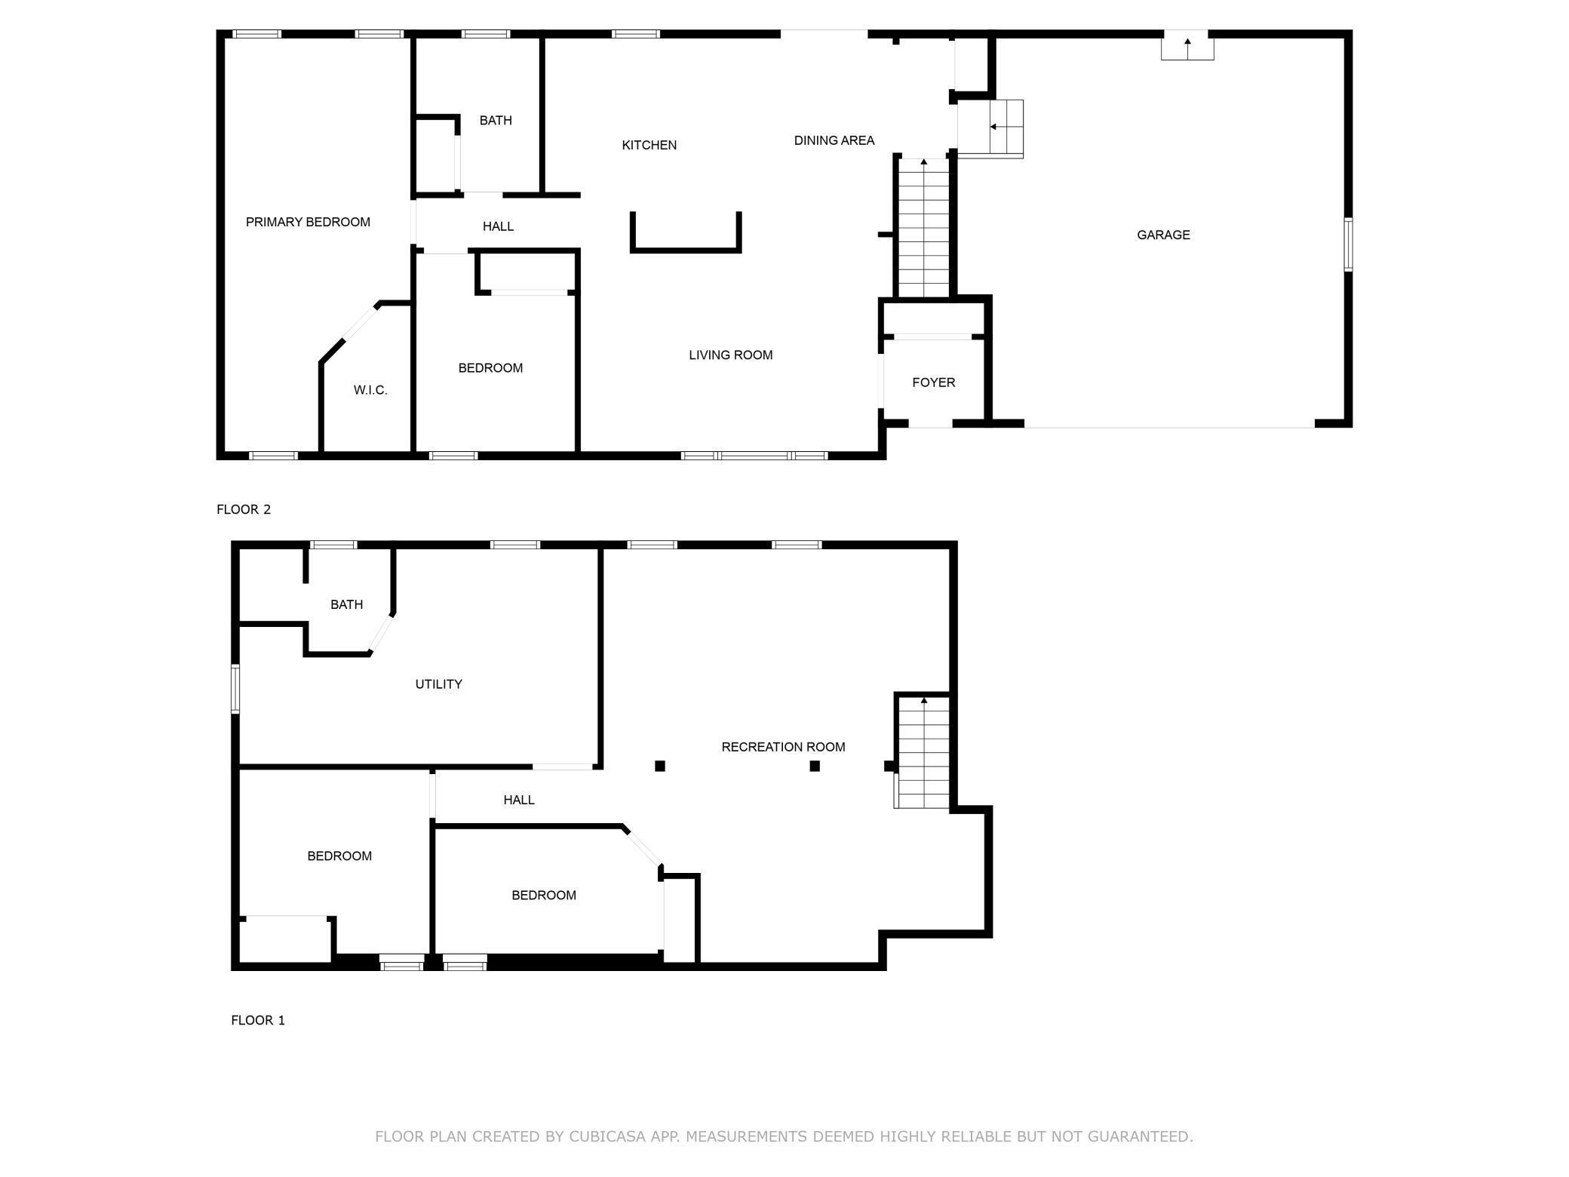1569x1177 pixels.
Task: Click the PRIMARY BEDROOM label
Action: tap(308, 222)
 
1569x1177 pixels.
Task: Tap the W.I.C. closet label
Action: tap(370, 390)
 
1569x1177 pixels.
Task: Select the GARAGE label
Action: tap(1163, 235)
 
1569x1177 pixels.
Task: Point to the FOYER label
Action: tap(933, 383)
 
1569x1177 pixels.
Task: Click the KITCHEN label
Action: tap(649, 145)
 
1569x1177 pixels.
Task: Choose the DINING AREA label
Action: tap(834, 140)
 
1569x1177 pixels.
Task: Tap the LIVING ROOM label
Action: tap(730, 355)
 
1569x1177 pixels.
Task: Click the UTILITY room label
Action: tap(438, 684)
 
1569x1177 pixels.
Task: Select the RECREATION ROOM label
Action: tap(783, 747)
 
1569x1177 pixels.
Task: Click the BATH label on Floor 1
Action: tap(346, 604)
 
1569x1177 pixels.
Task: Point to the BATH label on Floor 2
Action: tap(496, 121)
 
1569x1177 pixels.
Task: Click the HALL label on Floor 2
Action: tap(498, 226)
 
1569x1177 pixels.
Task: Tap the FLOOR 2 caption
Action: tap(244, 509)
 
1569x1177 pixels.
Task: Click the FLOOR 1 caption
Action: tap(258, 1020)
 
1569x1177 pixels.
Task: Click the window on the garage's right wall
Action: tap(1347, 244)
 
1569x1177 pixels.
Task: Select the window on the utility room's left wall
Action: tap(235, 688)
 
